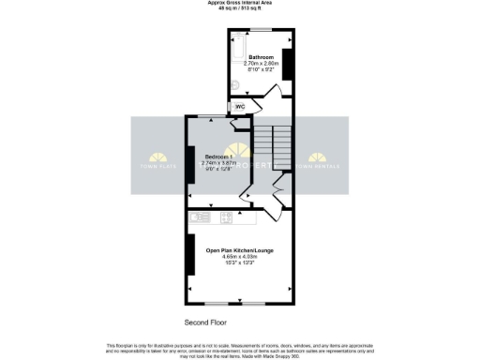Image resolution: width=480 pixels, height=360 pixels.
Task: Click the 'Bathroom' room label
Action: click(262, 56)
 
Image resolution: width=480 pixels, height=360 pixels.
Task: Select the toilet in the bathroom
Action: click(236, 88)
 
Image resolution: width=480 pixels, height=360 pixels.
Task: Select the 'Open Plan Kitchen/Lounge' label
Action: click(239, 250)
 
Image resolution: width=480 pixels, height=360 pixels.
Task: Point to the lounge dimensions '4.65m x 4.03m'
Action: click(239, 257)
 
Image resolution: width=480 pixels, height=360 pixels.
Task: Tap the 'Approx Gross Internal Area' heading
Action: click(239, 3)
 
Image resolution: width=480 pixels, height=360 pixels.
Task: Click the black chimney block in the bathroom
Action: click(288, 64)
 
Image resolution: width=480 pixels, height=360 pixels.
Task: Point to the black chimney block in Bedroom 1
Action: click(190, 163)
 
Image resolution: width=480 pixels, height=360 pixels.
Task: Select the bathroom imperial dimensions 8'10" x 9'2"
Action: click(262, 68)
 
